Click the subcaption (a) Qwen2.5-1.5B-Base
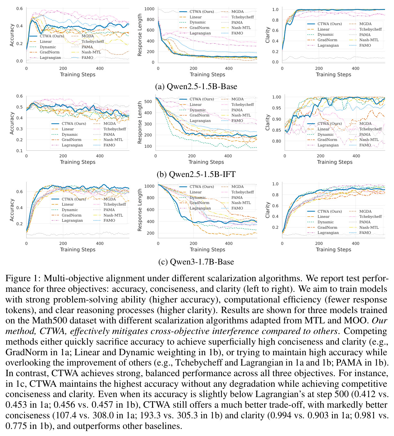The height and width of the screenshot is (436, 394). click(196, 87)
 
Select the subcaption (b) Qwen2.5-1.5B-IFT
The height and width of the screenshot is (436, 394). click(196, 174)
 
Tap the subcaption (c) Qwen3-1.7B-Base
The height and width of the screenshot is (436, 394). click(196, 262)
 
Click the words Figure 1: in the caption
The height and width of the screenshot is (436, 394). click(23, 278)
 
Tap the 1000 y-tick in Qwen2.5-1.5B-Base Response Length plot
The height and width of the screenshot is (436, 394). click(149, 9)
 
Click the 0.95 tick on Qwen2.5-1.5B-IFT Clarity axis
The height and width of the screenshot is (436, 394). click(277, 108)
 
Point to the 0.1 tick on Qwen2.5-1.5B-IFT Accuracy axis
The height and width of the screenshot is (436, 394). click(20, 151)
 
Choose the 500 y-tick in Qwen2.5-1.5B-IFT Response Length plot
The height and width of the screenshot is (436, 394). click(148, 101)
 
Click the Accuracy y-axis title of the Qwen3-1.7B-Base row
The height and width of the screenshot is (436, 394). click(12, 210)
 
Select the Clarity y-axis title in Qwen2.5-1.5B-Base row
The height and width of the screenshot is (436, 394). click(267, 35)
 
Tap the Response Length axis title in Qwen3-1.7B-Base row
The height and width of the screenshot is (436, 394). click(139, 210)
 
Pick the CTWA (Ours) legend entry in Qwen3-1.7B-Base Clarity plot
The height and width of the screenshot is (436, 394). click(324, 211)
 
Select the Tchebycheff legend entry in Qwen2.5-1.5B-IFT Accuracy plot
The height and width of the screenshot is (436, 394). click(109, 129)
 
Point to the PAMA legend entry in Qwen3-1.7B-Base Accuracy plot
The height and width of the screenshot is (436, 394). click(104, 210)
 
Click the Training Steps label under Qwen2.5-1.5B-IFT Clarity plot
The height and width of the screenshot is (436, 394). click(335, 162)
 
